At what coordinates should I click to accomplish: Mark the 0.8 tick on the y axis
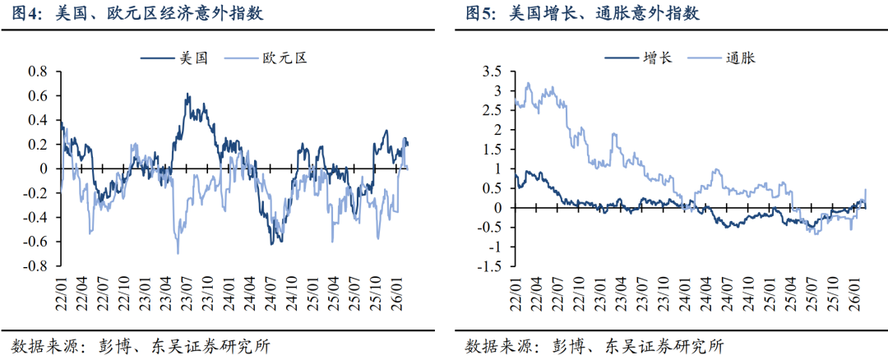(x=39, y=72)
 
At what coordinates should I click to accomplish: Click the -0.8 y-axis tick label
(x=36, y=266)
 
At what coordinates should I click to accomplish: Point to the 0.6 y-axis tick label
(x=39, y=95)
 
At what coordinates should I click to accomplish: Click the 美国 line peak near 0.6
(x=187, y=95)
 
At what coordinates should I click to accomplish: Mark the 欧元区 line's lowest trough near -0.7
(x=178, y=252)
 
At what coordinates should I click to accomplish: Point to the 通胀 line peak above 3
(x=529, y=83)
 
